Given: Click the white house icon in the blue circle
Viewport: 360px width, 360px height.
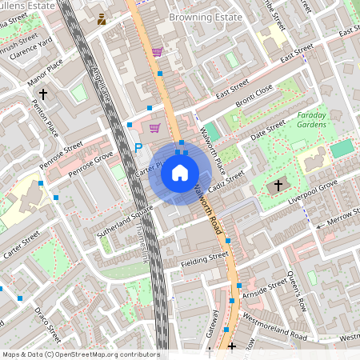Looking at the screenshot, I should point(180,173).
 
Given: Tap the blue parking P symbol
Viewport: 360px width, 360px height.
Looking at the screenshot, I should point(138,147).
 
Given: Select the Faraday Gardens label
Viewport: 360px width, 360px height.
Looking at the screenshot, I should point(306,119).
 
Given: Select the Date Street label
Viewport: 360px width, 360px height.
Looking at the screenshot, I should point(267,131).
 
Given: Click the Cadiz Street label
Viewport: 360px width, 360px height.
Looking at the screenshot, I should point(226,183).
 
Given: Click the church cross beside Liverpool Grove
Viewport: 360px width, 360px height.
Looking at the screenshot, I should point(278,186).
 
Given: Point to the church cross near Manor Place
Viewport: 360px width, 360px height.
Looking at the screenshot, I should point(43,94).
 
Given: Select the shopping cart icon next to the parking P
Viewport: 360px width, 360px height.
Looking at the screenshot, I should point(154,128).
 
